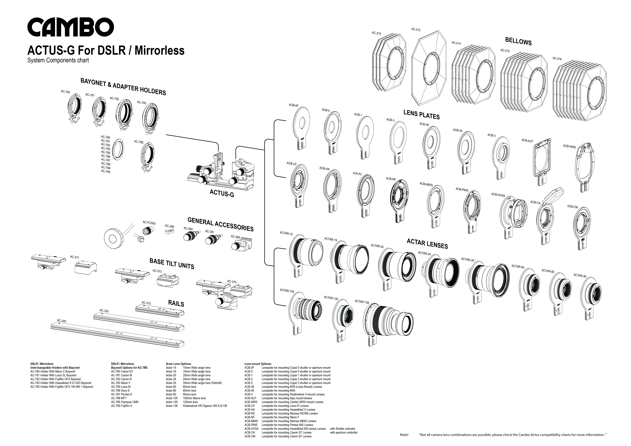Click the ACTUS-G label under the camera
pos(222,193)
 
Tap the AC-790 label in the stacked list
pos(106,172)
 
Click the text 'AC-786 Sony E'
pos(120,390)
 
